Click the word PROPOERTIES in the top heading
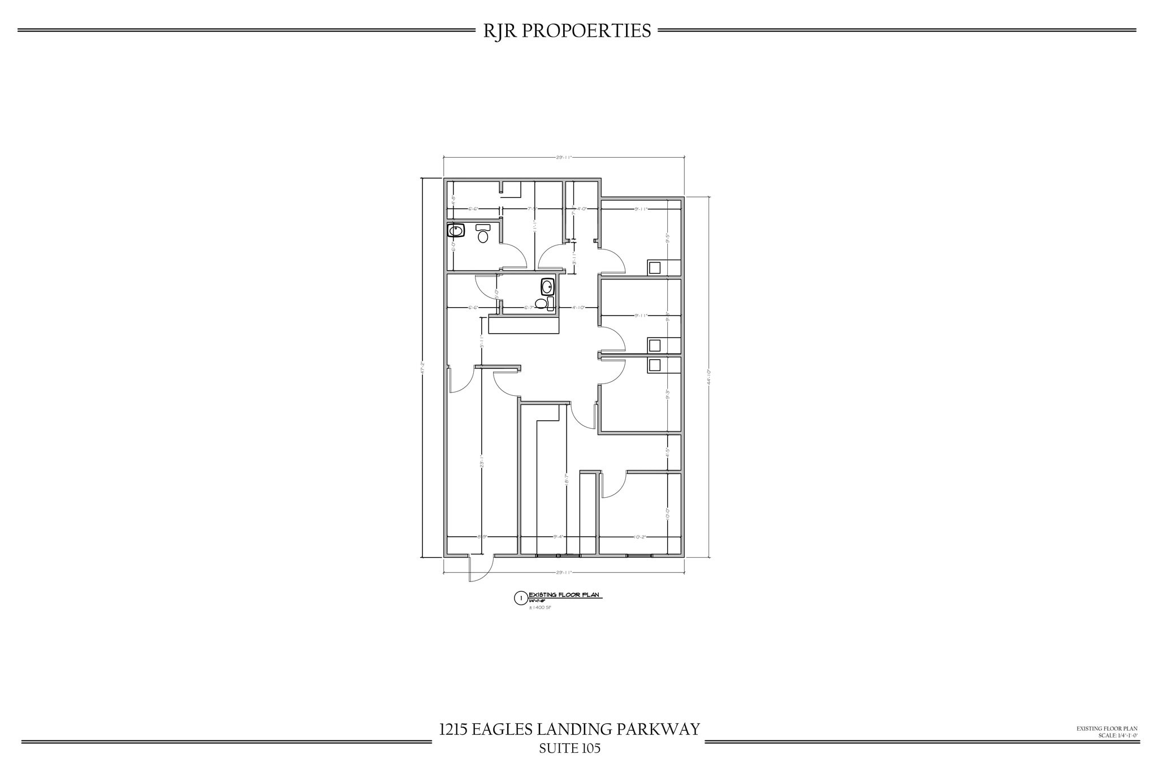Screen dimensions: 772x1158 tap(586, 31)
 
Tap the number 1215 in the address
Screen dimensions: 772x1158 tap(453, 729)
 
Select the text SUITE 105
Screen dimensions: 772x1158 tap(569, 748)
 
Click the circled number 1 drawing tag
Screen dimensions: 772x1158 tap(521, 598)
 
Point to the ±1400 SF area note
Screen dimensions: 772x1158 tap(539, 607)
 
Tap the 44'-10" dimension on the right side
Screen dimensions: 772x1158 tap(708, 377)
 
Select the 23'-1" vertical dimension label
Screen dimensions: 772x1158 tap(481, 462)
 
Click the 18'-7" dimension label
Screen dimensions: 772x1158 tap(566, 479)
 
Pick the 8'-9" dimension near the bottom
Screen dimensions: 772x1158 tap(482, 537)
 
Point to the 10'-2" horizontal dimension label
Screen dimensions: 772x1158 tap(640, 537)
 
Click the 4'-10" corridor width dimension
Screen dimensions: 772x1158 tap(578, 308)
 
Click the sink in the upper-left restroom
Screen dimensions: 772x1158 tap(456, 231)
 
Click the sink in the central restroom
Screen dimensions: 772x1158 tap(547, 287)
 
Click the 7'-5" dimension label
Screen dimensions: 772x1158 tap(532, 209)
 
